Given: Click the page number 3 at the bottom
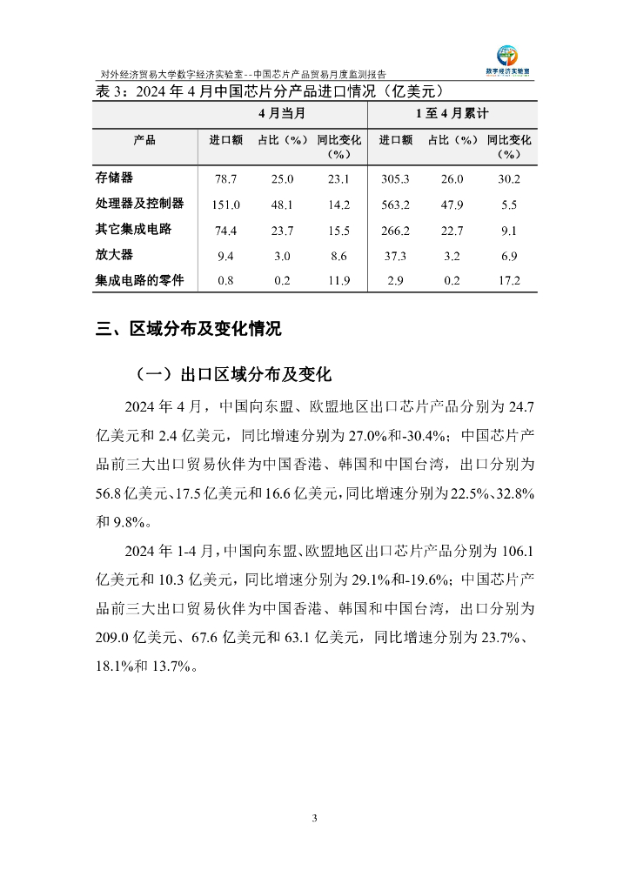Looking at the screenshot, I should (x=315, y=818).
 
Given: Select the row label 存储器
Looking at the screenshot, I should (x=114, y=178).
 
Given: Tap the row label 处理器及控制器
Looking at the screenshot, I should (x=139, y=204).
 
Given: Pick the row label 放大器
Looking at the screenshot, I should (x=114, y=255).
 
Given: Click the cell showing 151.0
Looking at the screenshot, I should (x=226, y=204).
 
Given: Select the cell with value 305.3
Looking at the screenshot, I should (x=395, y=178).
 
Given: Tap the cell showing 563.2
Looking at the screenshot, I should (x=395, y=204).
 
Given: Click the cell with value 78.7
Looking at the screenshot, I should (x=226, y=178).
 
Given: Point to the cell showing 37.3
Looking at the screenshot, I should (x=395, y=256).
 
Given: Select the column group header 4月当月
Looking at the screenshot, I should (x=281, y=114).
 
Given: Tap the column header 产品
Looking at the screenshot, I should (x=144, y=139).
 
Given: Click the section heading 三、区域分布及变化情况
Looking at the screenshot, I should (x=189, y=329).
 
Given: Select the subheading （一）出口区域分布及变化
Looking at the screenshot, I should (x=234, y=375).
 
